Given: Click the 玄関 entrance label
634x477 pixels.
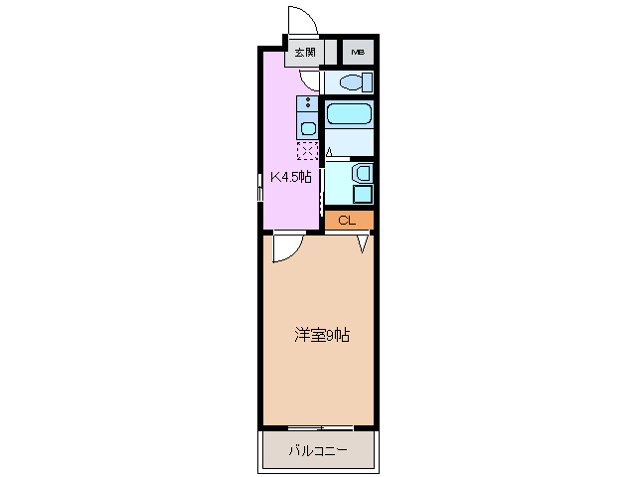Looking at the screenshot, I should (x=304, y=53).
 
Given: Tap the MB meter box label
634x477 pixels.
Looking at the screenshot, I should (x=356, y=53).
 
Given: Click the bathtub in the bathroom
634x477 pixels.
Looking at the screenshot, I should (x=349, y=113).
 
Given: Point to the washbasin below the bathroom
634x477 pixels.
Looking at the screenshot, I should (x=362, y=172).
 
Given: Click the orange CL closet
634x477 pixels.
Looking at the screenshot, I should (x=348, y=220).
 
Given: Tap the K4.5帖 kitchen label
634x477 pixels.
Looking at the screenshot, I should (x=292, y=178).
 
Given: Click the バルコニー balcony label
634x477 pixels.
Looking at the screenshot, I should (x=318, y=450).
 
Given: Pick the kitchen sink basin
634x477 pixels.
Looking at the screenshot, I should (x=308, y=127).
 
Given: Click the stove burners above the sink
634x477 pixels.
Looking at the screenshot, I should (x=308, y=102).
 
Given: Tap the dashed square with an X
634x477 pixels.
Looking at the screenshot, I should (x=307, y=150).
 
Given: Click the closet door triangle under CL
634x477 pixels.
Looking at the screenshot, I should (x=364, y=241).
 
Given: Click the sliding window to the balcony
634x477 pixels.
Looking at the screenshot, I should (x=319, y=428).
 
